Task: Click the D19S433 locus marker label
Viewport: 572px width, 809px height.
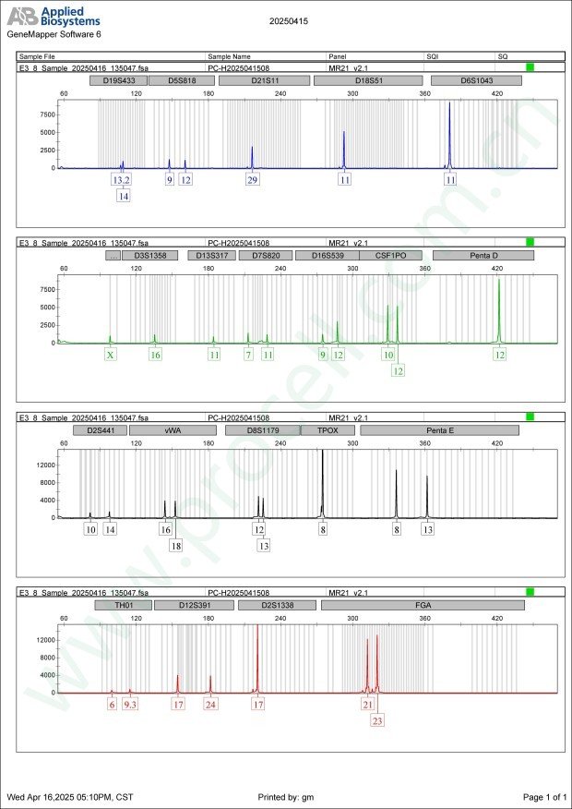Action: point(118,80)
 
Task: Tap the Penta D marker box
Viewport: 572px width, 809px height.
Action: point(483,255)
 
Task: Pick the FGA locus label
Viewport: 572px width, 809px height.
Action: point(423,605)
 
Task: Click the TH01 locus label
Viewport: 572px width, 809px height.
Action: point(122,605)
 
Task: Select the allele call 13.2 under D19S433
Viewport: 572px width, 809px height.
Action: point(122,180)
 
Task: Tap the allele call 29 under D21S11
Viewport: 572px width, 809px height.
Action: point(252,180)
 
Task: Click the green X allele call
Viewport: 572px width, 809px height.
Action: point(111,355)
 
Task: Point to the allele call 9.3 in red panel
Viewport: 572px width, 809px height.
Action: point(130,705)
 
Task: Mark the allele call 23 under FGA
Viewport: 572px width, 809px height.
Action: point(377,721)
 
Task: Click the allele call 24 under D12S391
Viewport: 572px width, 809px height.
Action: point(211,705)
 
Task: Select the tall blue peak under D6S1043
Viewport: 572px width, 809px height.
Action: point(449,134)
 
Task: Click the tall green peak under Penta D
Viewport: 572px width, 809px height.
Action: point(499,309)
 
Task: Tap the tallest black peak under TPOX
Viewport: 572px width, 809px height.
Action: point(323,480)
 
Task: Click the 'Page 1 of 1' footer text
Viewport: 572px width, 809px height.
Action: point(544,796)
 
